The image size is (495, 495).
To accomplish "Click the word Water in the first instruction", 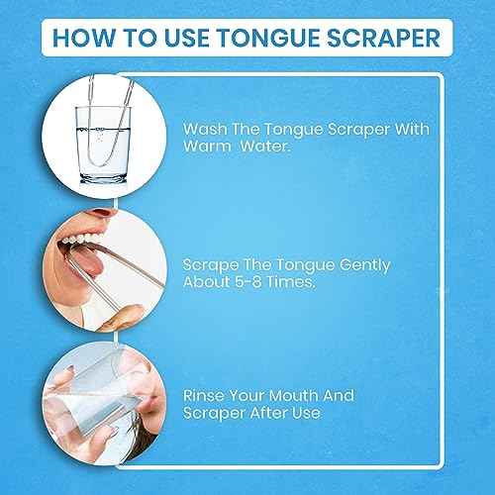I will pos(265,146).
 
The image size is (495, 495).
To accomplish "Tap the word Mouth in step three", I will pos(283,396).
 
